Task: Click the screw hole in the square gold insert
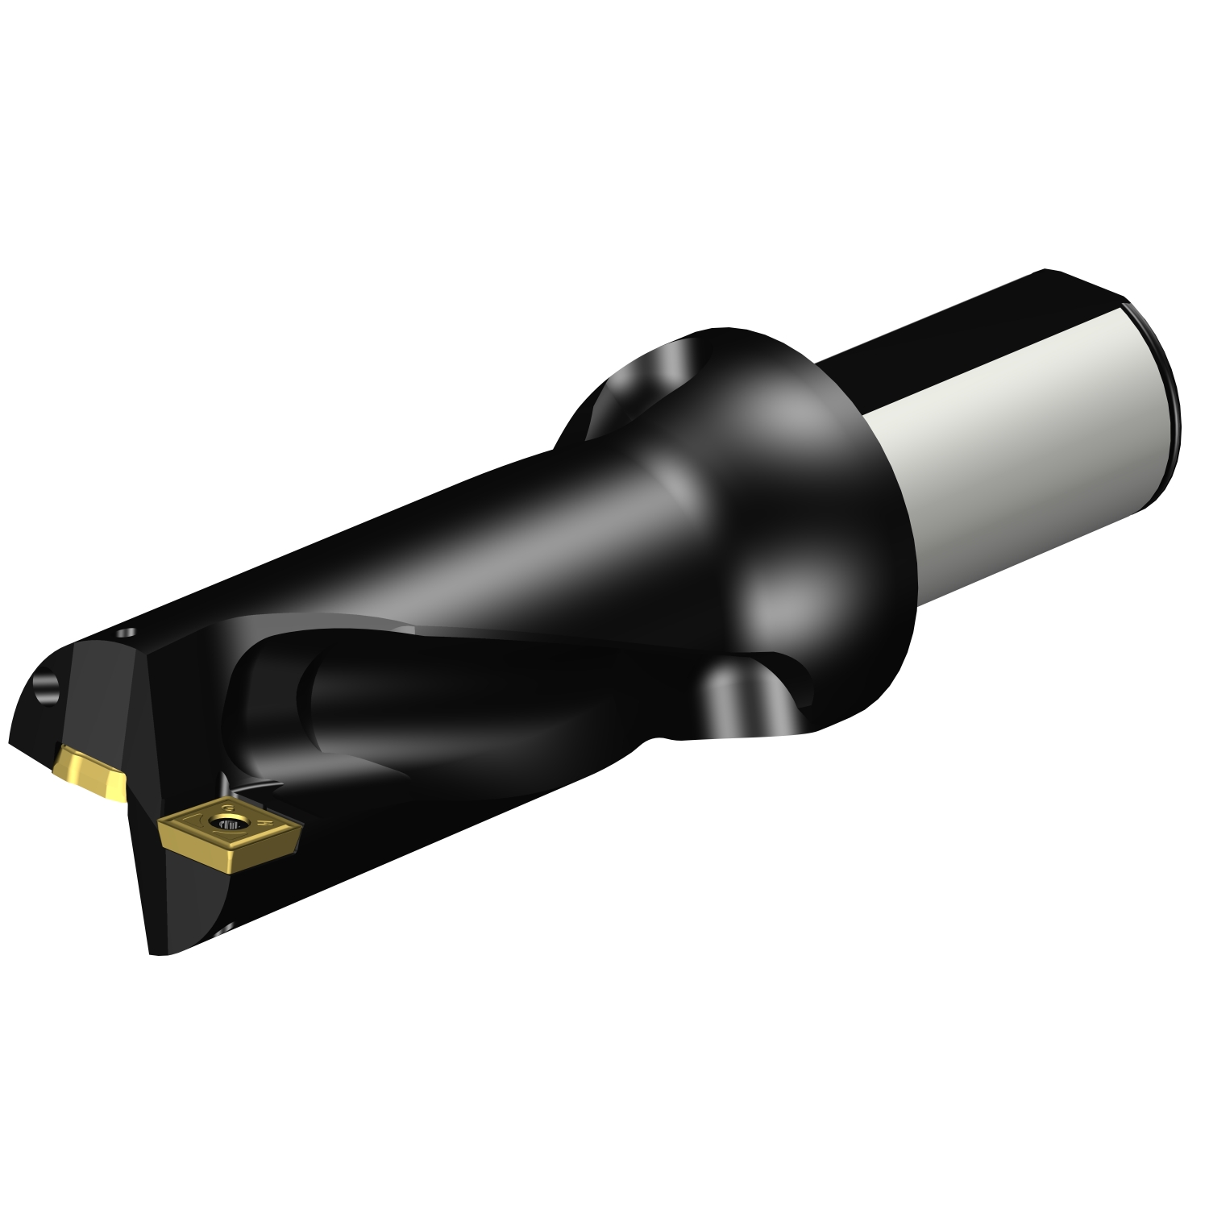point(219,824)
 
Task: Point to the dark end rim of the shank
point(1165,387)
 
